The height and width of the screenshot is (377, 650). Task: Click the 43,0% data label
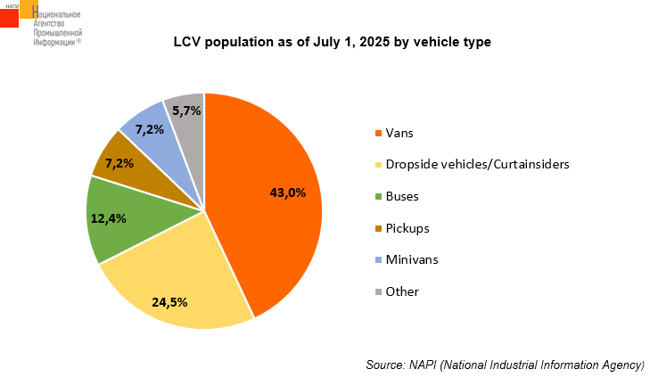click(x=288, y=192)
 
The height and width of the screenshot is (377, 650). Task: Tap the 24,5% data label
click(x=169, y=302)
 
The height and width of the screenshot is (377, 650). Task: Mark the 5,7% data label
click(x=185, y=111)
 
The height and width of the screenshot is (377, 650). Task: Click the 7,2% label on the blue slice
click(x=149, y=130)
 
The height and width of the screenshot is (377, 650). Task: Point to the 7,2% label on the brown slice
click(x=119, y=163)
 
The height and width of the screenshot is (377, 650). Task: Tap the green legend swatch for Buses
click(x=378, y=196)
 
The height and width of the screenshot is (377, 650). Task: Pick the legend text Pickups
click(x=407, y=228)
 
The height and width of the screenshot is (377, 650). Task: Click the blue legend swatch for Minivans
click(x=378, y=260)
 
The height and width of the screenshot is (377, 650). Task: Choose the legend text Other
click(x=401, y=291)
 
